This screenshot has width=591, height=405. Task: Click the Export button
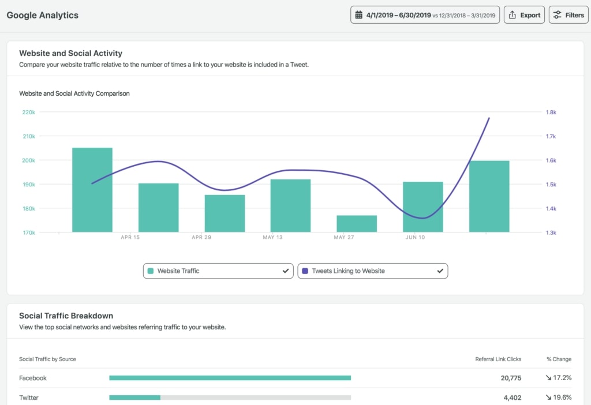525,15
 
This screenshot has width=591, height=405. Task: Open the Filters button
568,15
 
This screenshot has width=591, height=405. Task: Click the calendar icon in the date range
359,15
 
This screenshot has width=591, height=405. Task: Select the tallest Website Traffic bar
92,190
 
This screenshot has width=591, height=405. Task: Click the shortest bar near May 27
357,224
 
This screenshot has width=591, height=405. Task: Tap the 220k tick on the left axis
28,112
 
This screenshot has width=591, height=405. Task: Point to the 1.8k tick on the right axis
551,112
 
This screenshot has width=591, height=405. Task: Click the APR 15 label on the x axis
130,237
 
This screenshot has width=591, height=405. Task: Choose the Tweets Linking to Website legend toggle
372,271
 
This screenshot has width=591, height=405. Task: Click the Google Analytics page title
42,15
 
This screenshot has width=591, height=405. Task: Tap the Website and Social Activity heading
70,53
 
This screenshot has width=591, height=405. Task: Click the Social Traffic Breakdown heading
66,316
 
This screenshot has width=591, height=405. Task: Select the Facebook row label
33,378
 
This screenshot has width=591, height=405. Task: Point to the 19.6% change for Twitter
558,397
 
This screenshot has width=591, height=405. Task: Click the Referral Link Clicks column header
498,359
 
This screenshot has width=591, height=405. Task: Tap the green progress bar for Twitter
134,397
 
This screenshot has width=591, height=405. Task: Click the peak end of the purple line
489,118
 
